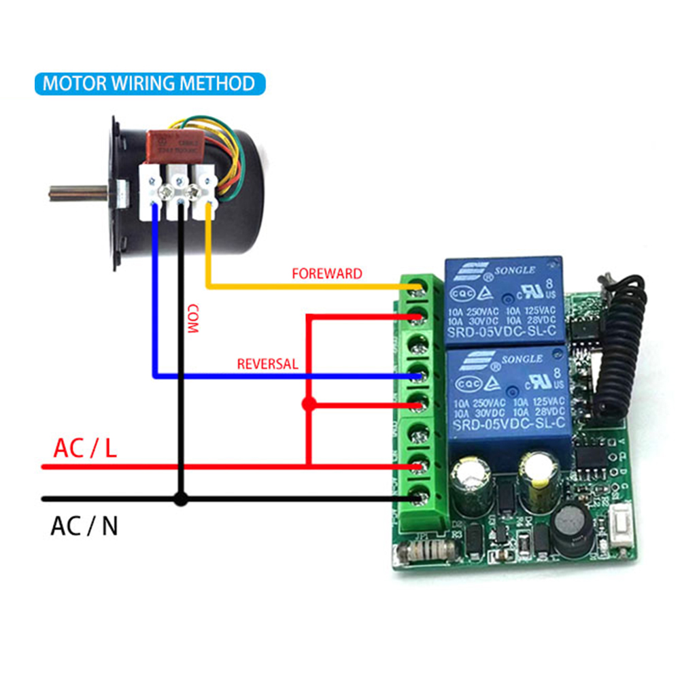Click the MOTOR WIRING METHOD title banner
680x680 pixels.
point(149,84)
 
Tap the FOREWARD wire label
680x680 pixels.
point(327,274)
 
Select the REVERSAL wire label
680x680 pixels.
point(267,364)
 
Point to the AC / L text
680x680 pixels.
point(86,448)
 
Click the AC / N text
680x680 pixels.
point(84,526)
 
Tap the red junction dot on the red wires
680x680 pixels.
point(309,405)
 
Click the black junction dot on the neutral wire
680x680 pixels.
point(180,499)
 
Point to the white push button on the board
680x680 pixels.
point(618,529)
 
